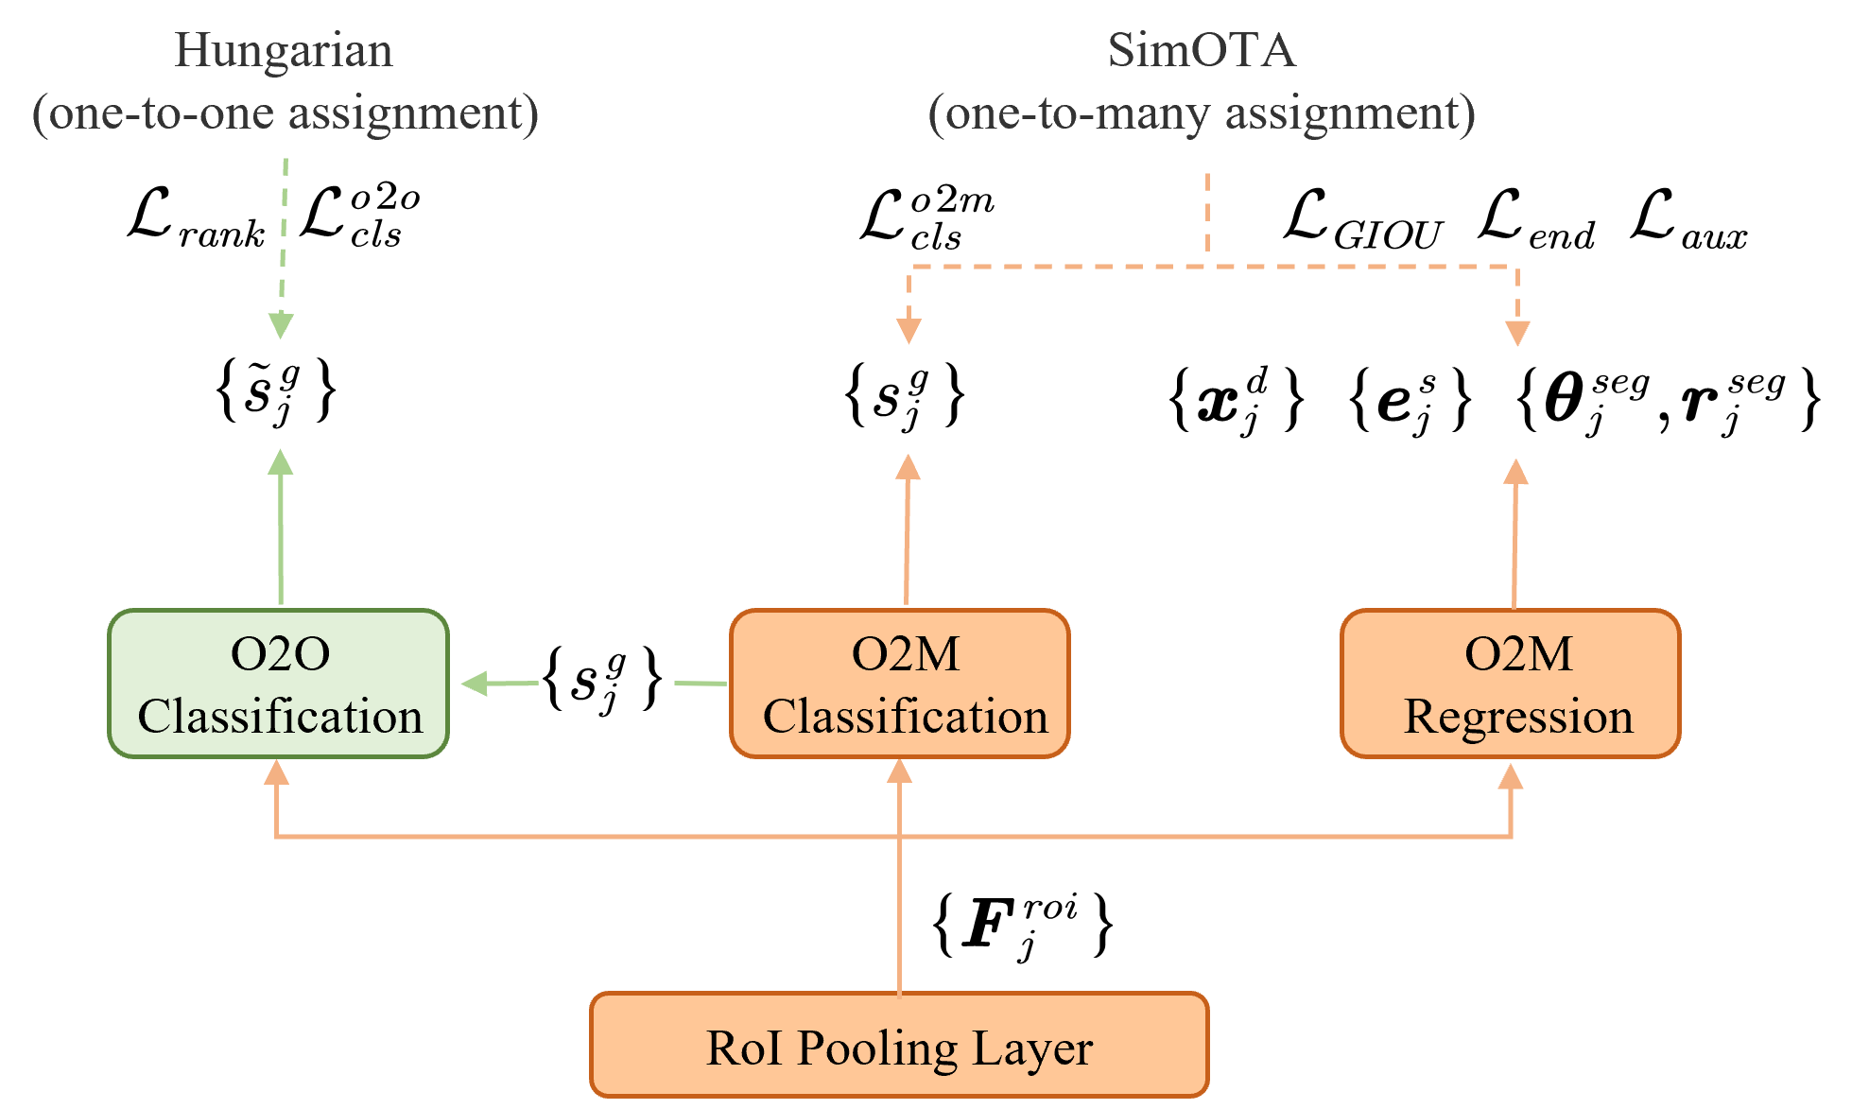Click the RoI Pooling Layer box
[x=899, y=1045]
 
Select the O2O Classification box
[x=279, y=684]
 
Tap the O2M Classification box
[x=900, y=684]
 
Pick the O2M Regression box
[x=1511, y=684]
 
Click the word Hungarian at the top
[x=284, y=50]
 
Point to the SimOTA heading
[x=1202, y=50]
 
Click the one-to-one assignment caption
[x=286, y=113]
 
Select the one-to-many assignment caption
[x=1202, y=113]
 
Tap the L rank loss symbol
[x=197, y=218]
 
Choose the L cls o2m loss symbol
[x=927, y=219]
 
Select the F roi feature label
[x=1023, y=926]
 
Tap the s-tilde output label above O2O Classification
[x=275, y=391]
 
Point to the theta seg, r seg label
[x=1669, y=400]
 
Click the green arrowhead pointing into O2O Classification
[x=474, y=683]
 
